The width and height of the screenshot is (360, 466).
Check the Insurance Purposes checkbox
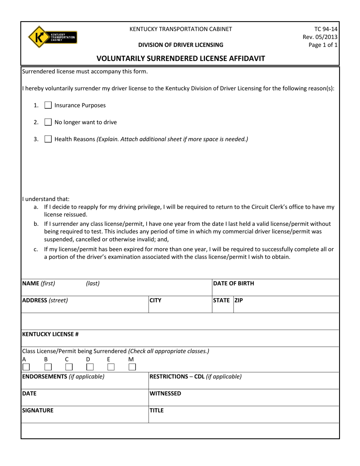pos(48,106)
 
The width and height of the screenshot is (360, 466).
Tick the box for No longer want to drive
pos(48,122)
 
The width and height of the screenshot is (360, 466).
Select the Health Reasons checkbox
pos(48,139)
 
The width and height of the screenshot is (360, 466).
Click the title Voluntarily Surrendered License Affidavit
pos(180,58)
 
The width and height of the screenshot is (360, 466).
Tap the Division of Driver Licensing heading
pos(180,45)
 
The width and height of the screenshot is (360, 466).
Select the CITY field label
pos(155,300)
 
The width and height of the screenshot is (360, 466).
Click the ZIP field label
pos(239,300)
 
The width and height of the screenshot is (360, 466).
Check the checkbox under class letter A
pos(26,367)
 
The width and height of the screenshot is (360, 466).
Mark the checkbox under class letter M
pos(132,367)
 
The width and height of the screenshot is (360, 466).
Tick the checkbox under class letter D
pos(90,367)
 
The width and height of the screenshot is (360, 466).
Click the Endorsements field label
pos(63,377)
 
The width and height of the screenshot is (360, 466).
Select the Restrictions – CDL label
pos(196,377)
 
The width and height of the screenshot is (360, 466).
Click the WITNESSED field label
pos(165,394)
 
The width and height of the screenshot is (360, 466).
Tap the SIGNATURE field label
pos(38,410)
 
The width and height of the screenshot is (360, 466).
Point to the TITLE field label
pos(157,410)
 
